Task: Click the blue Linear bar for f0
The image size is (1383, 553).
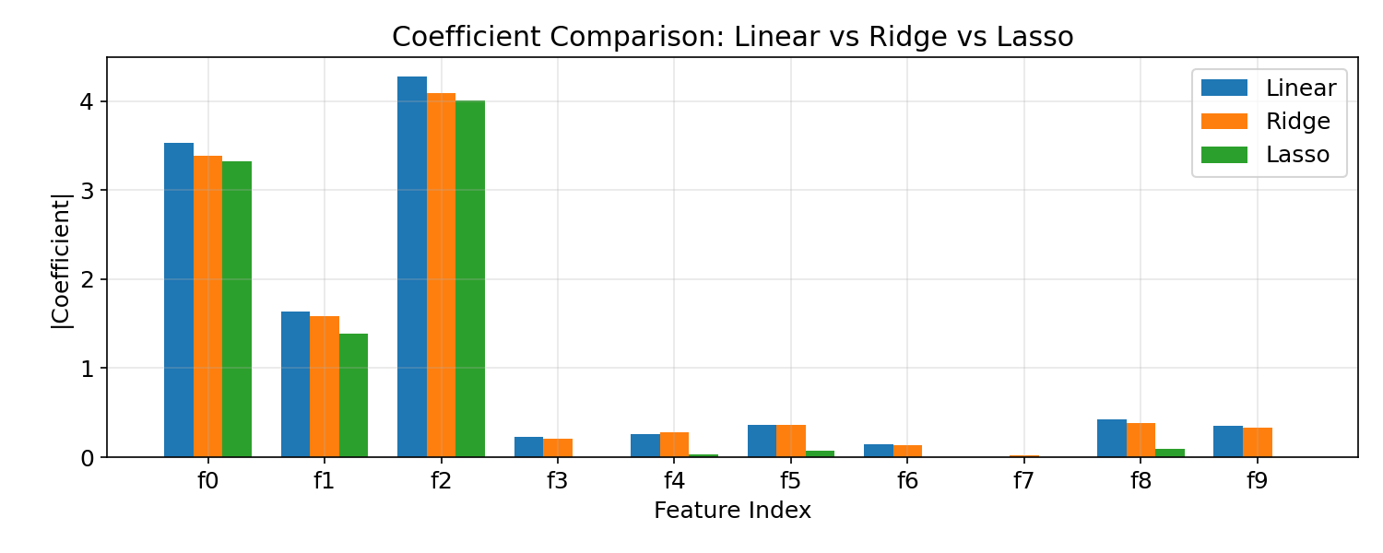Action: [x=179, y=300]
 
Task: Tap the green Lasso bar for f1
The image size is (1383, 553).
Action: [x=353, y=395]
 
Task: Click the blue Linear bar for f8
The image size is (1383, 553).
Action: [x=1111, y=438]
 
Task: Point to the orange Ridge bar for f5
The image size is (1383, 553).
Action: [x=791, y=441]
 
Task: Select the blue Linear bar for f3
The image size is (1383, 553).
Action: [x=528, y=447]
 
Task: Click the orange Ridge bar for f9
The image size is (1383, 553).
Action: [x=1258, y=442]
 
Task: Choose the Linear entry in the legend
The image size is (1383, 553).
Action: [x=1300, y=88]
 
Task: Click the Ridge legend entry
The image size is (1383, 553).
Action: [x=1297, y=122]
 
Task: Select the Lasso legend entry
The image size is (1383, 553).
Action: [x=1297, y=155]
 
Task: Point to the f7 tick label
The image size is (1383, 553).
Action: [x=1023, y=482]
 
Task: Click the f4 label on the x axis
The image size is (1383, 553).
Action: [x=674, y=482]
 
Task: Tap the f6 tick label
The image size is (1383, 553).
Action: [x=907, y=482]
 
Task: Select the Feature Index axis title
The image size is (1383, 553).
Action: [x=732, y=511]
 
